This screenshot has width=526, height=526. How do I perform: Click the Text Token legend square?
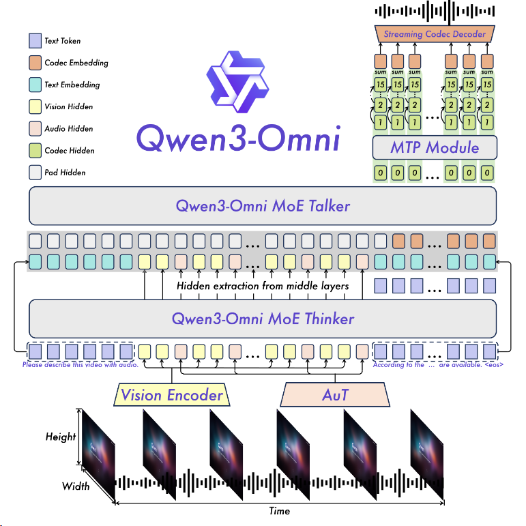(35, 41)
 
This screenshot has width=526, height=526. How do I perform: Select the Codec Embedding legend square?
(35, 63)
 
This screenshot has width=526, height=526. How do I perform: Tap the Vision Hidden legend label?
(68, 106)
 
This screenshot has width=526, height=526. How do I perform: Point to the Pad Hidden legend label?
(65, 173)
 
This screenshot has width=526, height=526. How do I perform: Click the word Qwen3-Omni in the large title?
(238, 138)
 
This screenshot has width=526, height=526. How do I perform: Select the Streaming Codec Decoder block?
(435, 34)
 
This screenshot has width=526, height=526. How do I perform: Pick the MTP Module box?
(435, 147)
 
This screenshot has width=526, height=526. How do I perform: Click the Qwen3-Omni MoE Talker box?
(263, 206)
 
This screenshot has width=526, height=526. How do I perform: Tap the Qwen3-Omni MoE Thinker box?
(263, 318)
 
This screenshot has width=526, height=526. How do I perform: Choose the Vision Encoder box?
(171, 395)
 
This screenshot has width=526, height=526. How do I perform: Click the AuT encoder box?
(334, 395)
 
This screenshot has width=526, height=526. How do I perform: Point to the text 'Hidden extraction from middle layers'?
(263, 286)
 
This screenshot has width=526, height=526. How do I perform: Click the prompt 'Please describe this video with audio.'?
(81, 365)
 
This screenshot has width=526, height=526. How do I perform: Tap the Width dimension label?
(76, 486)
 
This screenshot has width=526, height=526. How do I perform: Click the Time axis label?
(279, 511)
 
